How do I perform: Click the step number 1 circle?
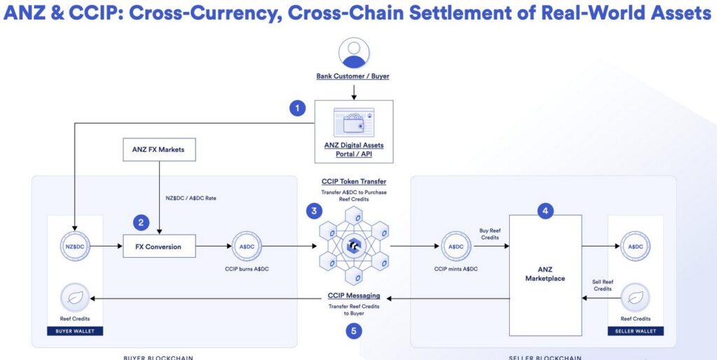pos(298,108)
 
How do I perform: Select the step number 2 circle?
pos(141,223)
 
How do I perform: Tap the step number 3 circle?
pos(315,209)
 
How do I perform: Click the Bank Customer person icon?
pos(353,54)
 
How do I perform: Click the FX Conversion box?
pos(159,247)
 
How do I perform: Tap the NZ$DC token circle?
pos(75,247)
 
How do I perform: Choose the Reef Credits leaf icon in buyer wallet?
pos(75,296)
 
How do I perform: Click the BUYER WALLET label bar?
pos(75,331)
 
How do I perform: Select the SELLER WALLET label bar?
pos(636,331)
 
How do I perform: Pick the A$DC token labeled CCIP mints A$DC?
pos(457,247)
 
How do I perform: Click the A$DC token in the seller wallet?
pos(636,247)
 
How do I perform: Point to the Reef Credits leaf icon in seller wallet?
pos(636,296)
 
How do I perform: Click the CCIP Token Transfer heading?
pos(354,181)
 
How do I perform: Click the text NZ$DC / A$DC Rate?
pos(191,198)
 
